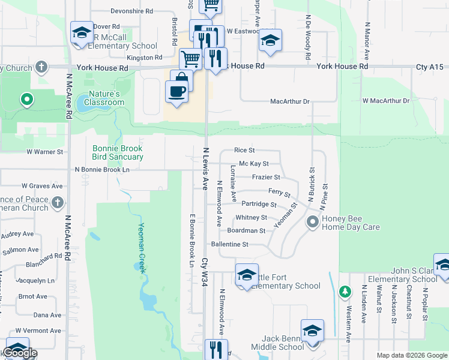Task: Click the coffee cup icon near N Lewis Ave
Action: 176,92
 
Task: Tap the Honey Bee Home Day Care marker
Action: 312,223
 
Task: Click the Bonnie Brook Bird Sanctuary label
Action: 118,152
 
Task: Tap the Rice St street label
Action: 244,150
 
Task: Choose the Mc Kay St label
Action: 253,163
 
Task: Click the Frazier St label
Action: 266,177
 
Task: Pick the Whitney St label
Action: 251,217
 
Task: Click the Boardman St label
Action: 246,230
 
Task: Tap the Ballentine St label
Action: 229,244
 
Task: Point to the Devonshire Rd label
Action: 132,11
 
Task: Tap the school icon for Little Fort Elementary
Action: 247,274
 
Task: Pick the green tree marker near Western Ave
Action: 345,292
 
